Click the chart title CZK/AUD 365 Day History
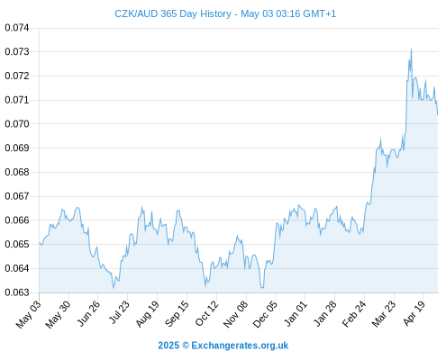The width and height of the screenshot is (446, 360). click(x=173, y=13)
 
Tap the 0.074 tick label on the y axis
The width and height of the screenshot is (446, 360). click(x=17, y=28)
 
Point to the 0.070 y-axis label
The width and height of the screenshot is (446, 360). click(x=17, y=124)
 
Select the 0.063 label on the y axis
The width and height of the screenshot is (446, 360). click(x=17, y=292)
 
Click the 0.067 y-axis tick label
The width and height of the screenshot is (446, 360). click(x=17, y=196)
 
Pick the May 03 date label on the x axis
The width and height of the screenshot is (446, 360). click(x=28, y=314)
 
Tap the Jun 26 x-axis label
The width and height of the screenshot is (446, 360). click(x=88, y=313)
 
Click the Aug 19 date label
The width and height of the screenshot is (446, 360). click(x=147, y=314)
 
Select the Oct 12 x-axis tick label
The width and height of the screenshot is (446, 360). click(x=206, y=313)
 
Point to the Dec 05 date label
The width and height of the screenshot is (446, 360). click(x=265, y=314)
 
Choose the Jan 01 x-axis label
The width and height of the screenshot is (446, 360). click(x=296, y=313)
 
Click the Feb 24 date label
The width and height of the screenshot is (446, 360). click(x=354, y=314)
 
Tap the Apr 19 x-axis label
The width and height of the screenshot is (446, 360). click(x=414, y=313)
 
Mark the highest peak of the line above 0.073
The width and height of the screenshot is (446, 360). click(x=411, y=49)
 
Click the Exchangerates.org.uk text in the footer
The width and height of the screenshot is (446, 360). click(x=240, y=346)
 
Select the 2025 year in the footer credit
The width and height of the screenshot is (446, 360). click(x=168, y=346)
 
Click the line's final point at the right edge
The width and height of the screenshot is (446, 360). click(x=438, y=115)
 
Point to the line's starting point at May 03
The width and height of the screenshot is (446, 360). click(x=39, y=242)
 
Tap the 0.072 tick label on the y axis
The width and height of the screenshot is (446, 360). click(x=17, y=76)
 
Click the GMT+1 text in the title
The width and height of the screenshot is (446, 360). click(x=320, y=13)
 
